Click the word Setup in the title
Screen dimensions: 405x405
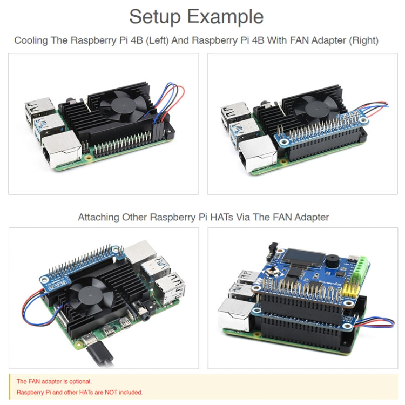click(154, 17)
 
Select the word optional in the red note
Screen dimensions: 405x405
click(80, 381)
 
